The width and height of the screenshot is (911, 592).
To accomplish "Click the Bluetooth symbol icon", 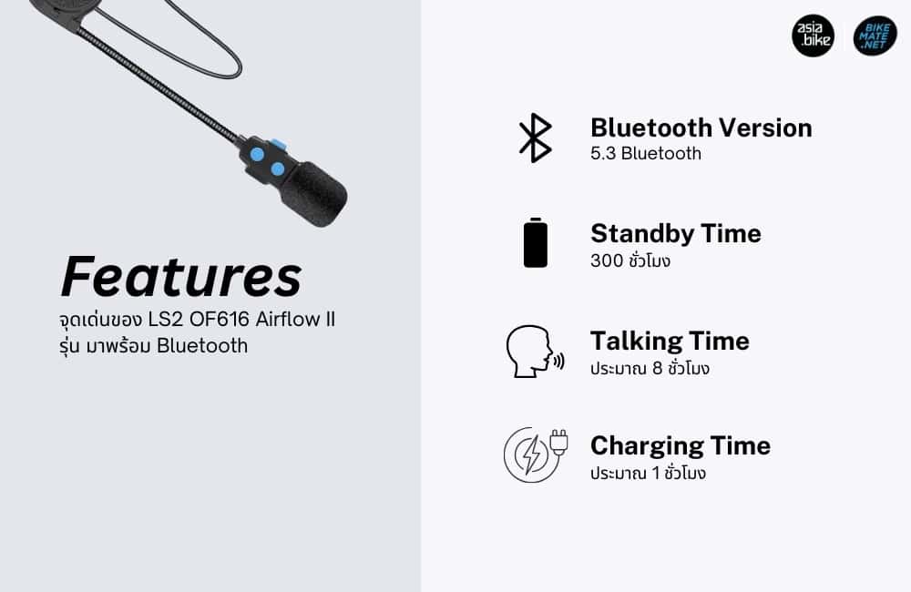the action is coord(535,138).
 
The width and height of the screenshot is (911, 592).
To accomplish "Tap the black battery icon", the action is coord(535,243).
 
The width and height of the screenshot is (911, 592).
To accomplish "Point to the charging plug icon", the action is coord(535,455).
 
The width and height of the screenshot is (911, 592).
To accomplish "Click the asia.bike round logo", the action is coord(813,36).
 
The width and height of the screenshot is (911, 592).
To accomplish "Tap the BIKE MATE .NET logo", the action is coord(875,36).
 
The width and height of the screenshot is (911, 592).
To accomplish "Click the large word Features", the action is coord(181,277).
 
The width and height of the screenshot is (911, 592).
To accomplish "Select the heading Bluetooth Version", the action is coord(701,128).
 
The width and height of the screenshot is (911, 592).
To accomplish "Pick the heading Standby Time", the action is coord(676,233).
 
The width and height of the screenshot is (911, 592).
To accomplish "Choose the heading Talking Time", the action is coord(670,341).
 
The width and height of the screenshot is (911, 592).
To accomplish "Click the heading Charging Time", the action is coord(681,446).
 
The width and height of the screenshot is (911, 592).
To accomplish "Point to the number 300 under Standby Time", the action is coord(607,260).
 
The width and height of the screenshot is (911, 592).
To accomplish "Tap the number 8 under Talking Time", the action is coord(657,368).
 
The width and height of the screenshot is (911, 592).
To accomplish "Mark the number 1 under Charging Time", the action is coord(656,474).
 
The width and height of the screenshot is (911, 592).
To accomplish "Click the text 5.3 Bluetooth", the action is coord(646,153).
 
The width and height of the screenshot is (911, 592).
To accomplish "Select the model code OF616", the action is coord(219,319).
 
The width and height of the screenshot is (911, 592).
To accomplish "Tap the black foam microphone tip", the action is coord(313,194).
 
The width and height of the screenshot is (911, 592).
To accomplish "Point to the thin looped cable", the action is coord(174,41).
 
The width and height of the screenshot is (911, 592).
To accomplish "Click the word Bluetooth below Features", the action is coord(202,346).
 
